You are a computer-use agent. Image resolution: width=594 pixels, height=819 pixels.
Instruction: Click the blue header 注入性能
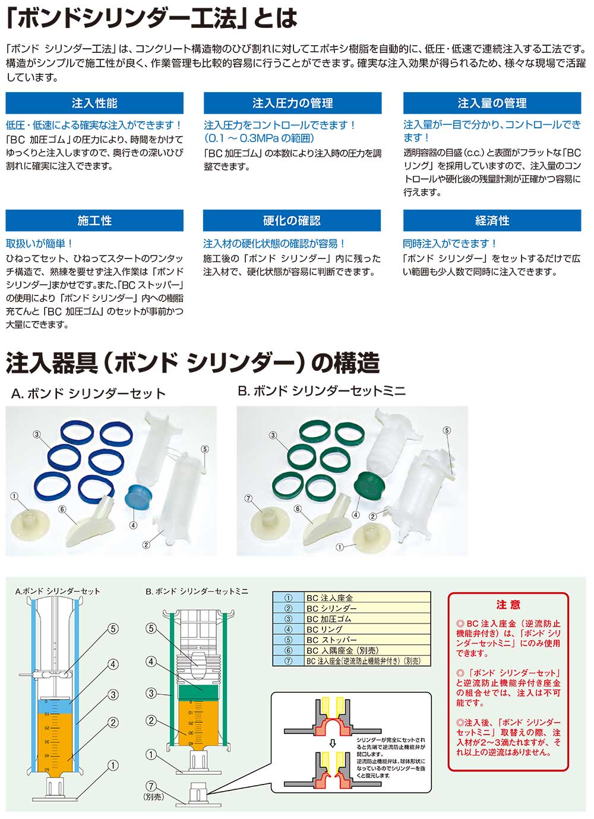tap(94, 103)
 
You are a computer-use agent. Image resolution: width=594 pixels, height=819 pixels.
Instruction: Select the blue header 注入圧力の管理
tap(292, 103)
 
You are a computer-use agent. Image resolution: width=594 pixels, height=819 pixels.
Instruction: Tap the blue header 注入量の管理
tap(492, 103)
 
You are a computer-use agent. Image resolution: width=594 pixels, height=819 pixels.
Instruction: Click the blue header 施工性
tap(94, 220)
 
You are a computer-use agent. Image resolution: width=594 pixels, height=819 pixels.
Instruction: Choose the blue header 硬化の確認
tap(292, 220)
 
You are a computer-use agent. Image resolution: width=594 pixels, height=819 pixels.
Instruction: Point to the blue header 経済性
tap(492, 220)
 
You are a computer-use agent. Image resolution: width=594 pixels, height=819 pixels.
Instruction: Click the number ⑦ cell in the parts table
tap(289, 660)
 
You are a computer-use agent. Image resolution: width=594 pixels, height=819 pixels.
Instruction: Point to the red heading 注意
tap(508, 604)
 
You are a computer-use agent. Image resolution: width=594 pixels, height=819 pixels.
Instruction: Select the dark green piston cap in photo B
tap(366, 487)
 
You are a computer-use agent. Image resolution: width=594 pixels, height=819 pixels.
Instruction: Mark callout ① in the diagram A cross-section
tap(113, 766)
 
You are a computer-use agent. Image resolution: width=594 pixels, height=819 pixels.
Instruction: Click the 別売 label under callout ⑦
tap(153, 796)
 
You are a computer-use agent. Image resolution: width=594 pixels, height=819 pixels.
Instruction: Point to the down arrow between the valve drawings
tap(333, 742)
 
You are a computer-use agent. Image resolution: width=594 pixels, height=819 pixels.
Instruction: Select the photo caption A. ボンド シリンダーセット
tap(89, 393)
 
